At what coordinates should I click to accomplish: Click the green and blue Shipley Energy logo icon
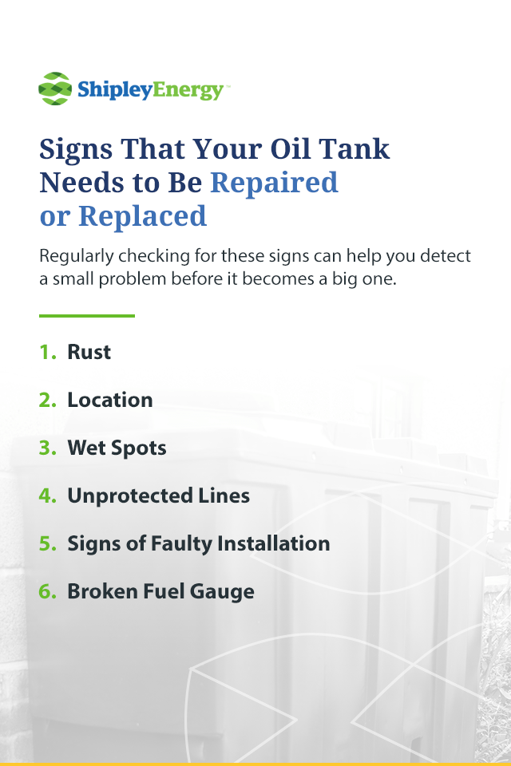click(55, 89)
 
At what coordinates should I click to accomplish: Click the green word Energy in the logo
click(188, 90)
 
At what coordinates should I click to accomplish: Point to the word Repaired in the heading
click(274, 182)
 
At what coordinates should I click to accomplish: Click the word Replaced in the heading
click(142, 216)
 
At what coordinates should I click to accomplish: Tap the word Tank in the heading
click(354, 148)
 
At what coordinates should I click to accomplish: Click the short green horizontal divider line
click(87, 316)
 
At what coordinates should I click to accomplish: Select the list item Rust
click(89, 352)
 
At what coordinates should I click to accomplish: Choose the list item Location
click(110, 400)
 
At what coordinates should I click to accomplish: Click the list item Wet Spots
click(117, 448)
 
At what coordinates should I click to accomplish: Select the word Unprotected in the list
click(130, 496)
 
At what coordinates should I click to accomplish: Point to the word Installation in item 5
click(273, 543)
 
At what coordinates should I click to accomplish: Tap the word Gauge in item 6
click(222, 591)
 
